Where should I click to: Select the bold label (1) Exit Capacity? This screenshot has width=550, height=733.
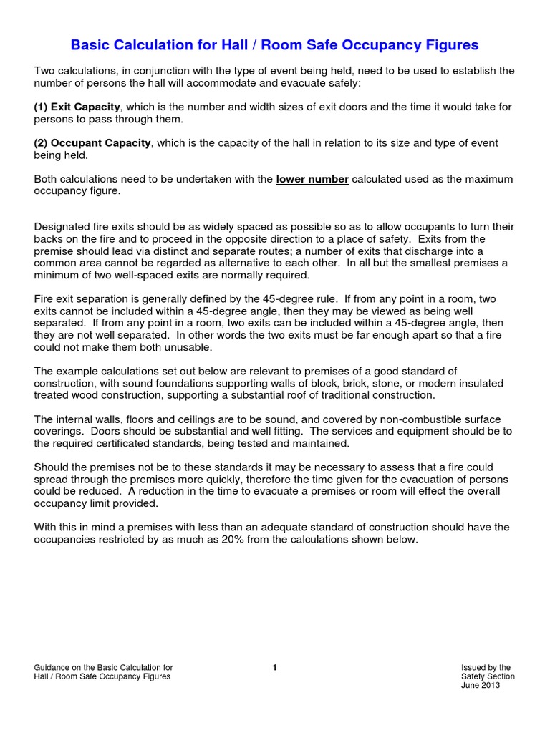[x=77, y=107]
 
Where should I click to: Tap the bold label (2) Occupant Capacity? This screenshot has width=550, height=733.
[x=92, y=143]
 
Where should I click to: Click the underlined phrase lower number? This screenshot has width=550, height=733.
[x=312, y=179]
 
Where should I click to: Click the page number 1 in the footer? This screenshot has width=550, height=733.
[x=274, y=668]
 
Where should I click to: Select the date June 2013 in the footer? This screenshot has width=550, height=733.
[x=481, y=685]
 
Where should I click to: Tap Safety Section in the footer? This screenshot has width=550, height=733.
[x=488, y=676]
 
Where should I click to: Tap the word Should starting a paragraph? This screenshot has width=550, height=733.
[x=52, y=467]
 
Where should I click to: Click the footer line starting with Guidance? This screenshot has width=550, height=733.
[x=103, y=668]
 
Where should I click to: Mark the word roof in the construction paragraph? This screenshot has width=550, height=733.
[x=303, y=395]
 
